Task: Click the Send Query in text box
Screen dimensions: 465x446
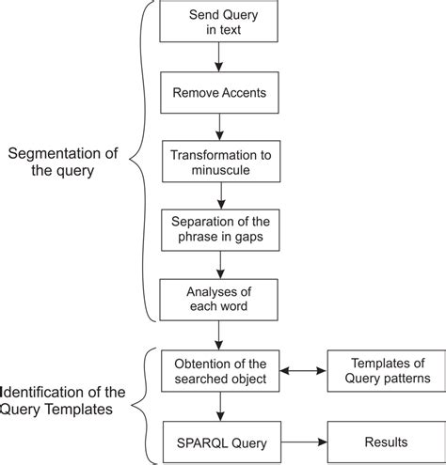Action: point(218,23)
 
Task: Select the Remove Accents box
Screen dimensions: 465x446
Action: point(218,93)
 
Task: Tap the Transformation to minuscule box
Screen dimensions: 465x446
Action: point(218,161)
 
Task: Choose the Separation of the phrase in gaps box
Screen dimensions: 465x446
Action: point(218,230)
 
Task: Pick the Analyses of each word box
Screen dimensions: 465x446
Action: point(218,299)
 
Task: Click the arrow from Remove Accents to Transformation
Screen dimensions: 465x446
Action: point(218,127)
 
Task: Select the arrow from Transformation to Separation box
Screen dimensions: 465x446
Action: point(218,195)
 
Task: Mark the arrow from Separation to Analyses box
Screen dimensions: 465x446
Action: point(218,265)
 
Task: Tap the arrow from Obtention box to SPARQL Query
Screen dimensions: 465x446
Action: point(218,405)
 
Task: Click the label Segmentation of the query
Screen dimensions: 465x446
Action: point(62,162)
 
